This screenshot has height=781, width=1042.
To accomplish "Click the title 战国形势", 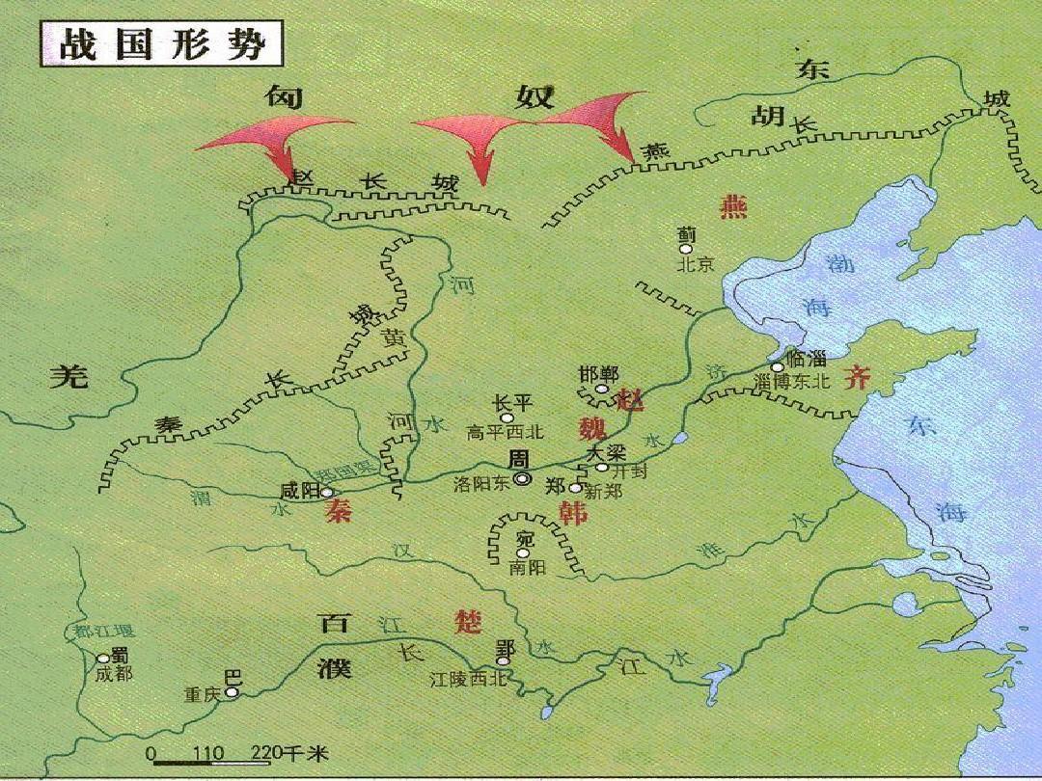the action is pyautogui.click(x=160, y=45).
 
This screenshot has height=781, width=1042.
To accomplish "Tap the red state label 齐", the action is pyautogui.click(x=857, y=378).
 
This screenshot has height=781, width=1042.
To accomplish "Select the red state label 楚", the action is pyautogui.click(x=467, y=622).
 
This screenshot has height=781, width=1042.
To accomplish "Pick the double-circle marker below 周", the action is pyautogui.click(x=522, y=478).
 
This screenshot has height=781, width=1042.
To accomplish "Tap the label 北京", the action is pyautogui.click(x=695, y=264).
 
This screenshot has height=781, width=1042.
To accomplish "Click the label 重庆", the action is pyautogui.click(x=204, y=694).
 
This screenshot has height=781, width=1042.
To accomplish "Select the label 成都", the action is pyautogui.click(x=114, y=674).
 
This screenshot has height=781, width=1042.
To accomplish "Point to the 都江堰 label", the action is pyautogui.click(x=104, y=633).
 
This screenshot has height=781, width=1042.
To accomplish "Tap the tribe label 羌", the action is pyautogui.click(x=69, y=377).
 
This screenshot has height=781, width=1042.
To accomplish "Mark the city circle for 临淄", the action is pyautogui.click(x=778, y=366).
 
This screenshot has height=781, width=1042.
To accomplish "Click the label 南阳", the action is pyautogui.click(x=527, y=568).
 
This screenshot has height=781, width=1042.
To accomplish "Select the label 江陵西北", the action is pyautogui.click(x=468, y=679).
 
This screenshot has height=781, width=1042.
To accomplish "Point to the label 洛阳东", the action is pyautogui.click(x=480, y=485).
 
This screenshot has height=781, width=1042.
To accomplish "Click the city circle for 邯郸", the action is pyautogui.click(x=601, y=390).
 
